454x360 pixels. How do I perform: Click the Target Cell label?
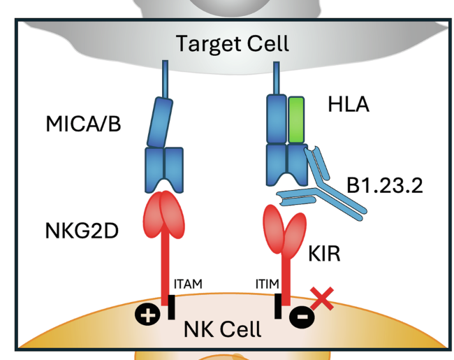(x=231, y=44)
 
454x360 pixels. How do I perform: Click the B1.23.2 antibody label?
(x=386, y=186)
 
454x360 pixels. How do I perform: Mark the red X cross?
(x=322, y=298)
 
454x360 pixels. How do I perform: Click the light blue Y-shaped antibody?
(x=328, y=183)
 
